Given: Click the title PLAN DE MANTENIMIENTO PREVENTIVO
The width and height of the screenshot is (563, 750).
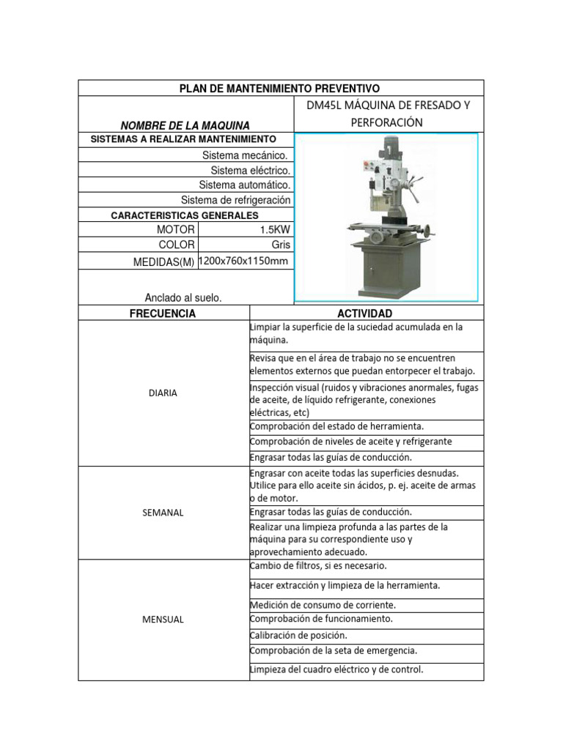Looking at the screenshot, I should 280,89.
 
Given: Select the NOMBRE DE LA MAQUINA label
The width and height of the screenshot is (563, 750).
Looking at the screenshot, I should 185,125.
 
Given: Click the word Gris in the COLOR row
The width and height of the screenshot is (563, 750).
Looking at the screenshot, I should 281,245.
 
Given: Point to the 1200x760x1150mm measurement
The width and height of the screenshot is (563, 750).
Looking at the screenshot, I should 244,261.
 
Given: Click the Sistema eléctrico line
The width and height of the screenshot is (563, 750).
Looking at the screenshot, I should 250,171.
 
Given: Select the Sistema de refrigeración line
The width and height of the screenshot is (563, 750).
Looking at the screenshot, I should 235,200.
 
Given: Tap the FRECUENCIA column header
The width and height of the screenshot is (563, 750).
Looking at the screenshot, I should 163,313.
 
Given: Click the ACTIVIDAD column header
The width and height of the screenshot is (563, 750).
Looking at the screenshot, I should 366,313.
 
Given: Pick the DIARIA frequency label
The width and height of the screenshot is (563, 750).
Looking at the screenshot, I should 163,393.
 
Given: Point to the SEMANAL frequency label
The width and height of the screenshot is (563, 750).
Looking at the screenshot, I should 163,513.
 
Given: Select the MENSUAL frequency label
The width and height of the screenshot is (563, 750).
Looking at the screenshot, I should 163,620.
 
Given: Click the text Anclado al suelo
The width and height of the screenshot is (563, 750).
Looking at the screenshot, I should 183,297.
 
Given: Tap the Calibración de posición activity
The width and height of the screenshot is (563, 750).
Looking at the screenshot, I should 298,635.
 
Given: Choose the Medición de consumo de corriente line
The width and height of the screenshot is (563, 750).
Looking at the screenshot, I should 323,605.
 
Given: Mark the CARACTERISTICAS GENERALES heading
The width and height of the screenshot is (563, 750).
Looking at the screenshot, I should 184,215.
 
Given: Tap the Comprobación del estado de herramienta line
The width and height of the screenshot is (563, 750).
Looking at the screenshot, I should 336,426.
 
